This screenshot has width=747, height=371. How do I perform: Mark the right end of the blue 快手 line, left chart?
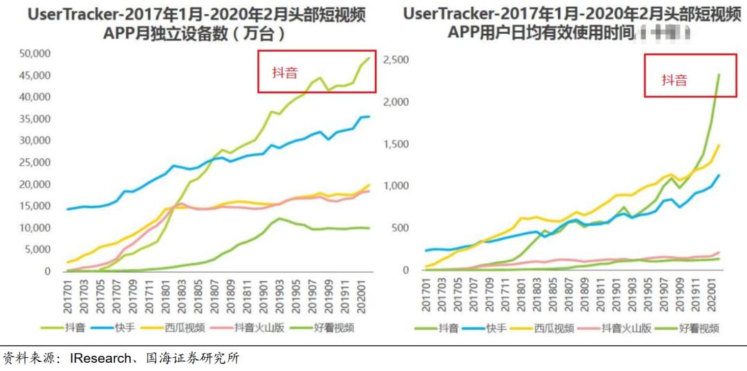(x=369, y=116)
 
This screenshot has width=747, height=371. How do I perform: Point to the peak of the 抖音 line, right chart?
(x=719, y=75)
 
